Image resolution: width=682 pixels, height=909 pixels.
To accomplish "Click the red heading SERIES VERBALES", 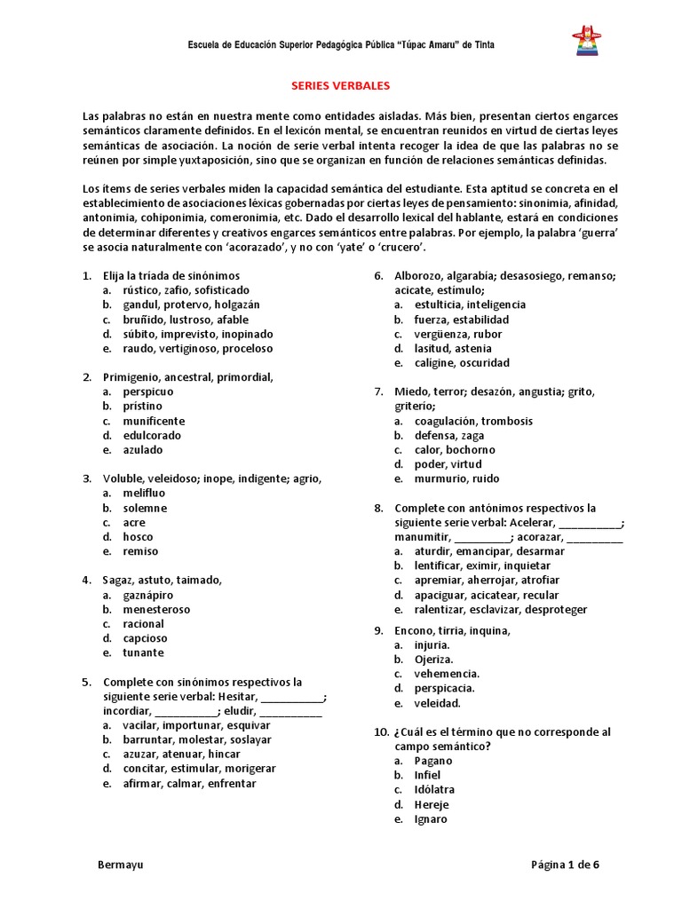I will click(x=341, y=86).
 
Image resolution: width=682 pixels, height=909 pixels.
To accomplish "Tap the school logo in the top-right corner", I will click(x=587, y=43).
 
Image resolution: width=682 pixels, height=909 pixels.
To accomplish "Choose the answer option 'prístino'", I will click(x=142, y=406).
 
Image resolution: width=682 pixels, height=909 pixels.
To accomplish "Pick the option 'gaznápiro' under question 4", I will click(x=148, y=595).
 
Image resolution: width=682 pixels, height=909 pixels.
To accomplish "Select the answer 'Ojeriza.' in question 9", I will click(x=433, y=660).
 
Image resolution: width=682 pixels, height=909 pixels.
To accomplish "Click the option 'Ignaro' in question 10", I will click(x=431, y=818).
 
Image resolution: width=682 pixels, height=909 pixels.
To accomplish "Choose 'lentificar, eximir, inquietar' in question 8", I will click(x=482, y=565).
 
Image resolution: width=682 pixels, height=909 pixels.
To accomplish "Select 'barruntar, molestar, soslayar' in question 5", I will click(x=197, y=739).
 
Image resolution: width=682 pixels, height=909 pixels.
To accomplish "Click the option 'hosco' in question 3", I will click(x=138, y=536).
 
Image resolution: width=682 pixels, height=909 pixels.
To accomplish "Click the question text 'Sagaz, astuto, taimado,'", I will click(x=163, y=580).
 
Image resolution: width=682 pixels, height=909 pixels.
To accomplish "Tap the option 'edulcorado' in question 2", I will click(x=152, y=435).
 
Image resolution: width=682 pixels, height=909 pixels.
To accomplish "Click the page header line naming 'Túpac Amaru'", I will click(x=341, y=44).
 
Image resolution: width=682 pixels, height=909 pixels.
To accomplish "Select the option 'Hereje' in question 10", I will click(x=431, y=804).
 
